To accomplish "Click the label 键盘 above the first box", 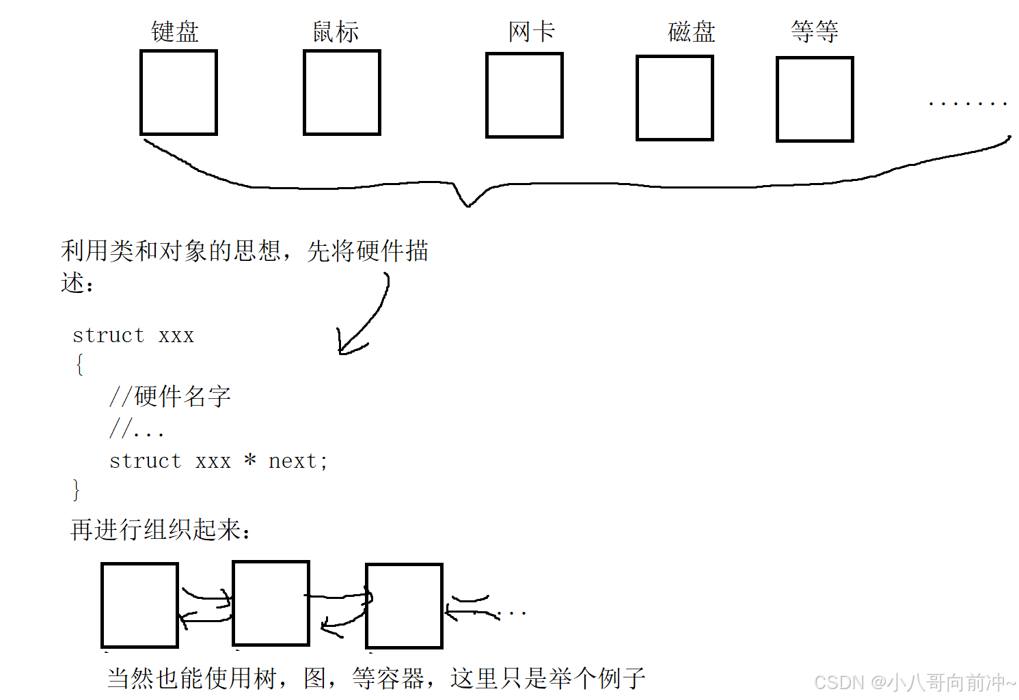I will click(x=175, y=32).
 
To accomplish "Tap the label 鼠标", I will click(x=336, y=32).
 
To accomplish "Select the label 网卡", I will click(x=532, y=31).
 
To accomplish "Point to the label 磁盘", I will click(x=692, y=32).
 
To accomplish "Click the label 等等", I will click(x=815, y=31).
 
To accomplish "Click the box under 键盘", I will click(x=178, y=92).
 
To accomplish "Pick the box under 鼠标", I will click(x=342, y=92).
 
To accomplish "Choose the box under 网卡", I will click(x=524, y=95).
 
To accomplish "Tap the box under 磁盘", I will click(x=675, y=98).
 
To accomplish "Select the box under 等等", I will click(x=815, y=99).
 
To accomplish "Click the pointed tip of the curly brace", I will click(x=468, y=204).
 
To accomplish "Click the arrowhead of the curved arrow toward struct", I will click(x=342, y=350).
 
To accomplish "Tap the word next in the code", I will click(x=293, y=462).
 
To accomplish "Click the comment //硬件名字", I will click(x=170, y=396).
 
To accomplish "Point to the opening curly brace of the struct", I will click(x=79, y=365).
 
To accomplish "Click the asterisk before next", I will click(x=250, y=460).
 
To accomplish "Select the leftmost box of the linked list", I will click(x=139, y=605).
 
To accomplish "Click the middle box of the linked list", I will click(x=271, y=603).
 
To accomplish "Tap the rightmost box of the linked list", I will click(x=404, y=606).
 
